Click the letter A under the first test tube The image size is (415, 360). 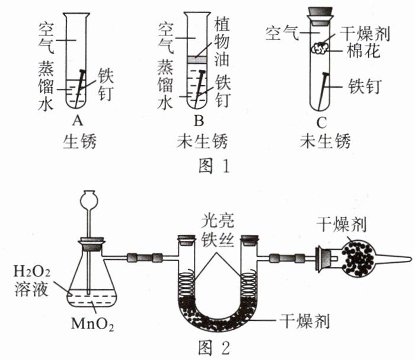[78, 121]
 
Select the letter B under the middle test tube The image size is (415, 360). [199, 121]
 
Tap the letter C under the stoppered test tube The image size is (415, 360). [321, 123]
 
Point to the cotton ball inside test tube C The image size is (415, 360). [320, 48]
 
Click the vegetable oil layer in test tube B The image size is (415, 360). [196, 59]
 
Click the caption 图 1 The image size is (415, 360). [214, 166]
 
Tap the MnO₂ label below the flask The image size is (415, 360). [92, 323]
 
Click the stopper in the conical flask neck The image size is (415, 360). [92, 244]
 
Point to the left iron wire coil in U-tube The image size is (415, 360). [187, 283]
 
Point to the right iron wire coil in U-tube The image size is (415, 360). [248, 283]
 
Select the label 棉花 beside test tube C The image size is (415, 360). [363, 51]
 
